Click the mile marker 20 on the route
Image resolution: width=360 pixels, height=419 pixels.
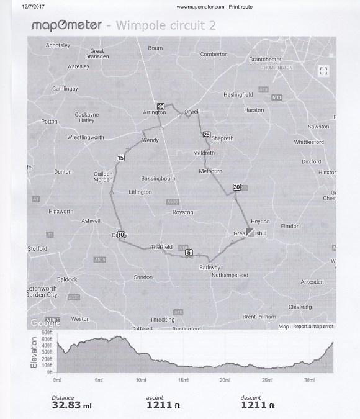point(160,106)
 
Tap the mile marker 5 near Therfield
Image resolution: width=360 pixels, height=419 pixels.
point(189,253)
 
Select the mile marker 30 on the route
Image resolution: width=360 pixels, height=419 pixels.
point(236,187)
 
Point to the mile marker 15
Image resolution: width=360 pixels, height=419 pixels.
point(120,158)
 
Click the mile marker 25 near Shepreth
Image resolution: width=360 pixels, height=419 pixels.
point(206,134)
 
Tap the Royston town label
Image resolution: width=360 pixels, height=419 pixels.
point(183,212)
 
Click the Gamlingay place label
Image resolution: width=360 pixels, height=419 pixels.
point(65,89)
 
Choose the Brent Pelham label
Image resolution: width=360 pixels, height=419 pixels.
point(259,317)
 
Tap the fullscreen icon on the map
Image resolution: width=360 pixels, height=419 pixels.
point(322,70)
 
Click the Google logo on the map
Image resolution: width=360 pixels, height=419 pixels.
point(45,323)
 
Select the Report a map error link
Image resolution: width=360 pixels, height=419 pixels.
point(313,327)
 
